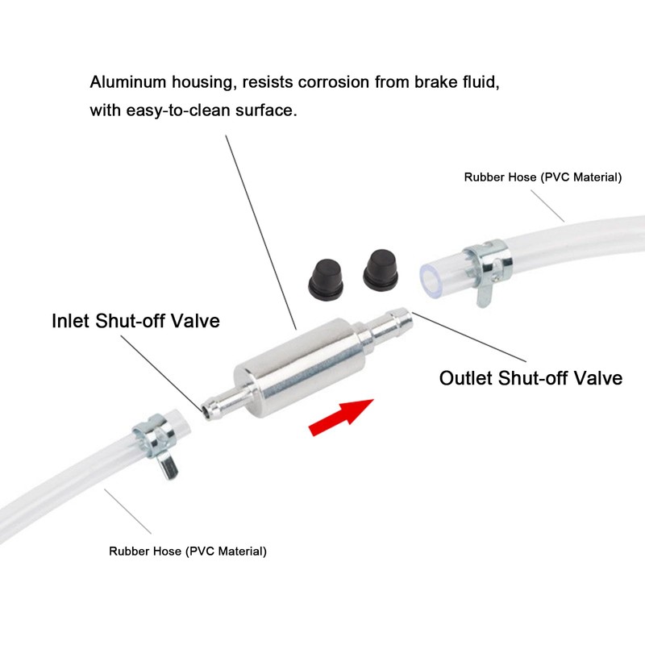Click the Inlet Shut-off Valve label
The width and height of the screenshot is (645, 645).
(x=135, y=320)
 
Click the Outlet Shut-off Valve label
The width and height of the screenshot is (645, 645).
(x=531, y=377)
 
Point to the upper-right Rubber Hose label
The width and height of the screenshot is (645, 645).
(x=543, y=177)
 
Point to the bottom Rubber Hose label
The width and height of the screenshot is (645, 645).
(x=188, y=551)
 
